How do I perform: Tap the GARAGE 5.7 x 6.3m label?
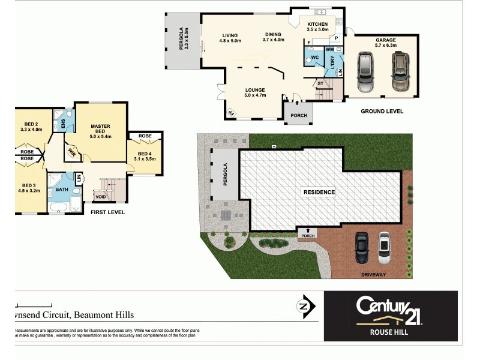point(386,43)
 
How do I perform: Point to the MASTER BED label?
point(100,130)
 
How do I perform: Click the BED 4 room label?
point(145,155)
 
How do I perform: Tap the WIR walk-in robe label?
point(71,151)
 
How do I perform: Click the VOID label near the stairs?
point(101,196)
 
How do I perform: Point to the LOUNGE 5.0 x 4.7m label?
point(254,93)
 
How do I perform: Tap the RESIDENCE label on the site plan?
point(319,192)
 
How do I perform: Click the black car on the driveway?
point(361,247)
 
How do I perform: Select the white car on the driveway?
point(384,247)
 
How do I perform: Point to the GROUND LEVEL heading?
point(382,111)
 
